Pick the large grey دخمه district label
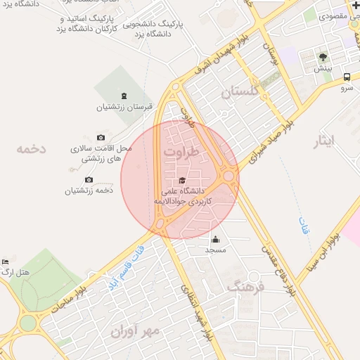(32, 149)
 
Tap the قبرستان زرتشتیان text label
(124, 108)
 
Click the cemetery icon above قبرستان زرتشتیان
(124, 96)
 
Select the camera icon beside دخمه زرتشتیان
(89, 180)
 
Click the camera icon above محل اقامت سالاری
(101, 137)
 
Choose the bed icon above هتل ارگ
(6, 261)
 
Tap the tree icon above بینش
(323, 58)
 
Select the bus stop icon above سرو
(347, 77)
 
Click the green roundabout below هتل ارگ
(28, 323)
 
